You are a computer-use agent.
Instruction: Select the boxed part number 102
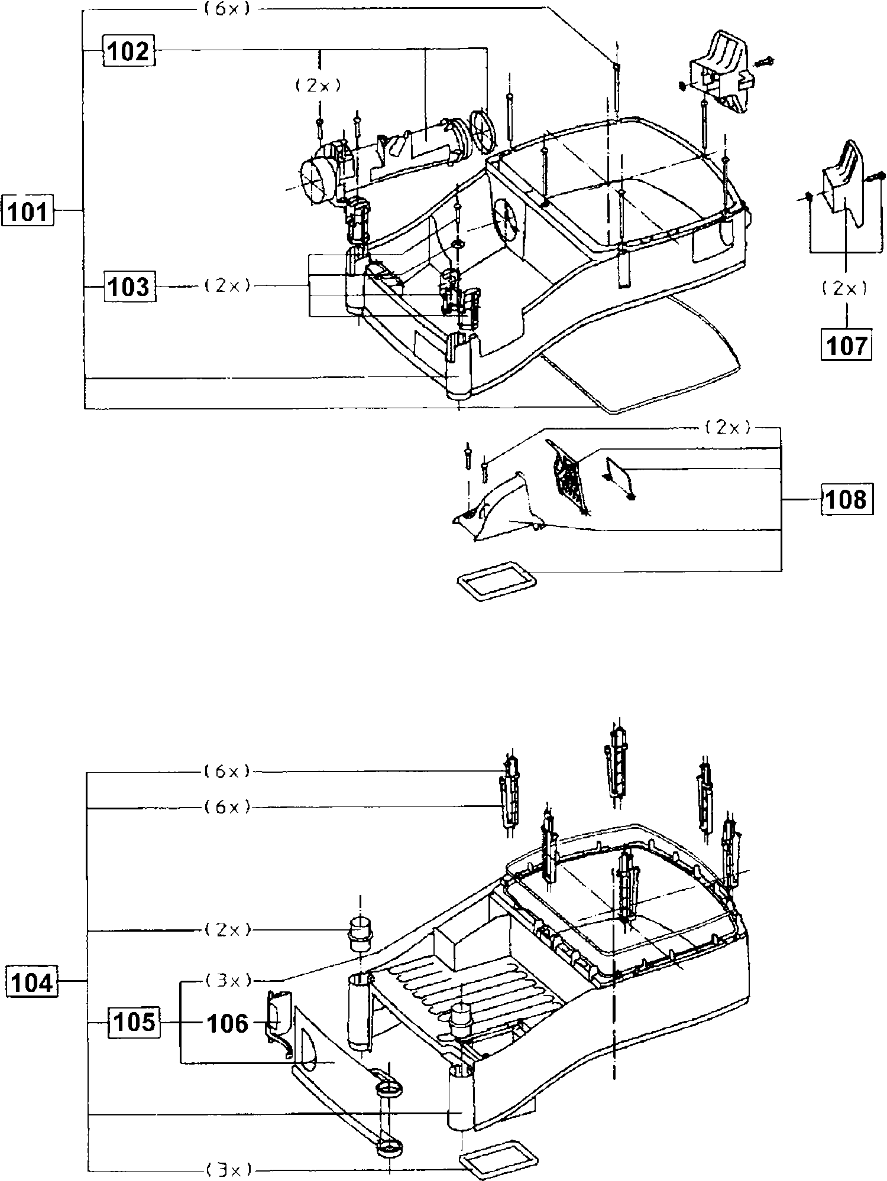129,51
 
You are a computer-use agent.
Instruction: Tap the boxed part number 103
130,287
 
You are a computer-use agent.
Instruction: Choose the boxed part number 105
133,1023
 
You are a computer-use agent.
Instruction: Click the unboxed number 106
228,1023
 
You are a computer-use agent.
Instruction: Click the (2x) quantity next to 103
228,286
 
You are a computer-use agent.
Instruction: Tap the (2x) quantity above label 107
846,288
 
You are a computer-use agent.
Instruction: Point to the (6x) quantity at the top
228,9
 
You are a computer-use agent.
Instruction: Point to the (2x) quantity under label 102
319,86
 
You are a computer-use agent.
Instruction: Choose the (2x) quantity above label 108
728,428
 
